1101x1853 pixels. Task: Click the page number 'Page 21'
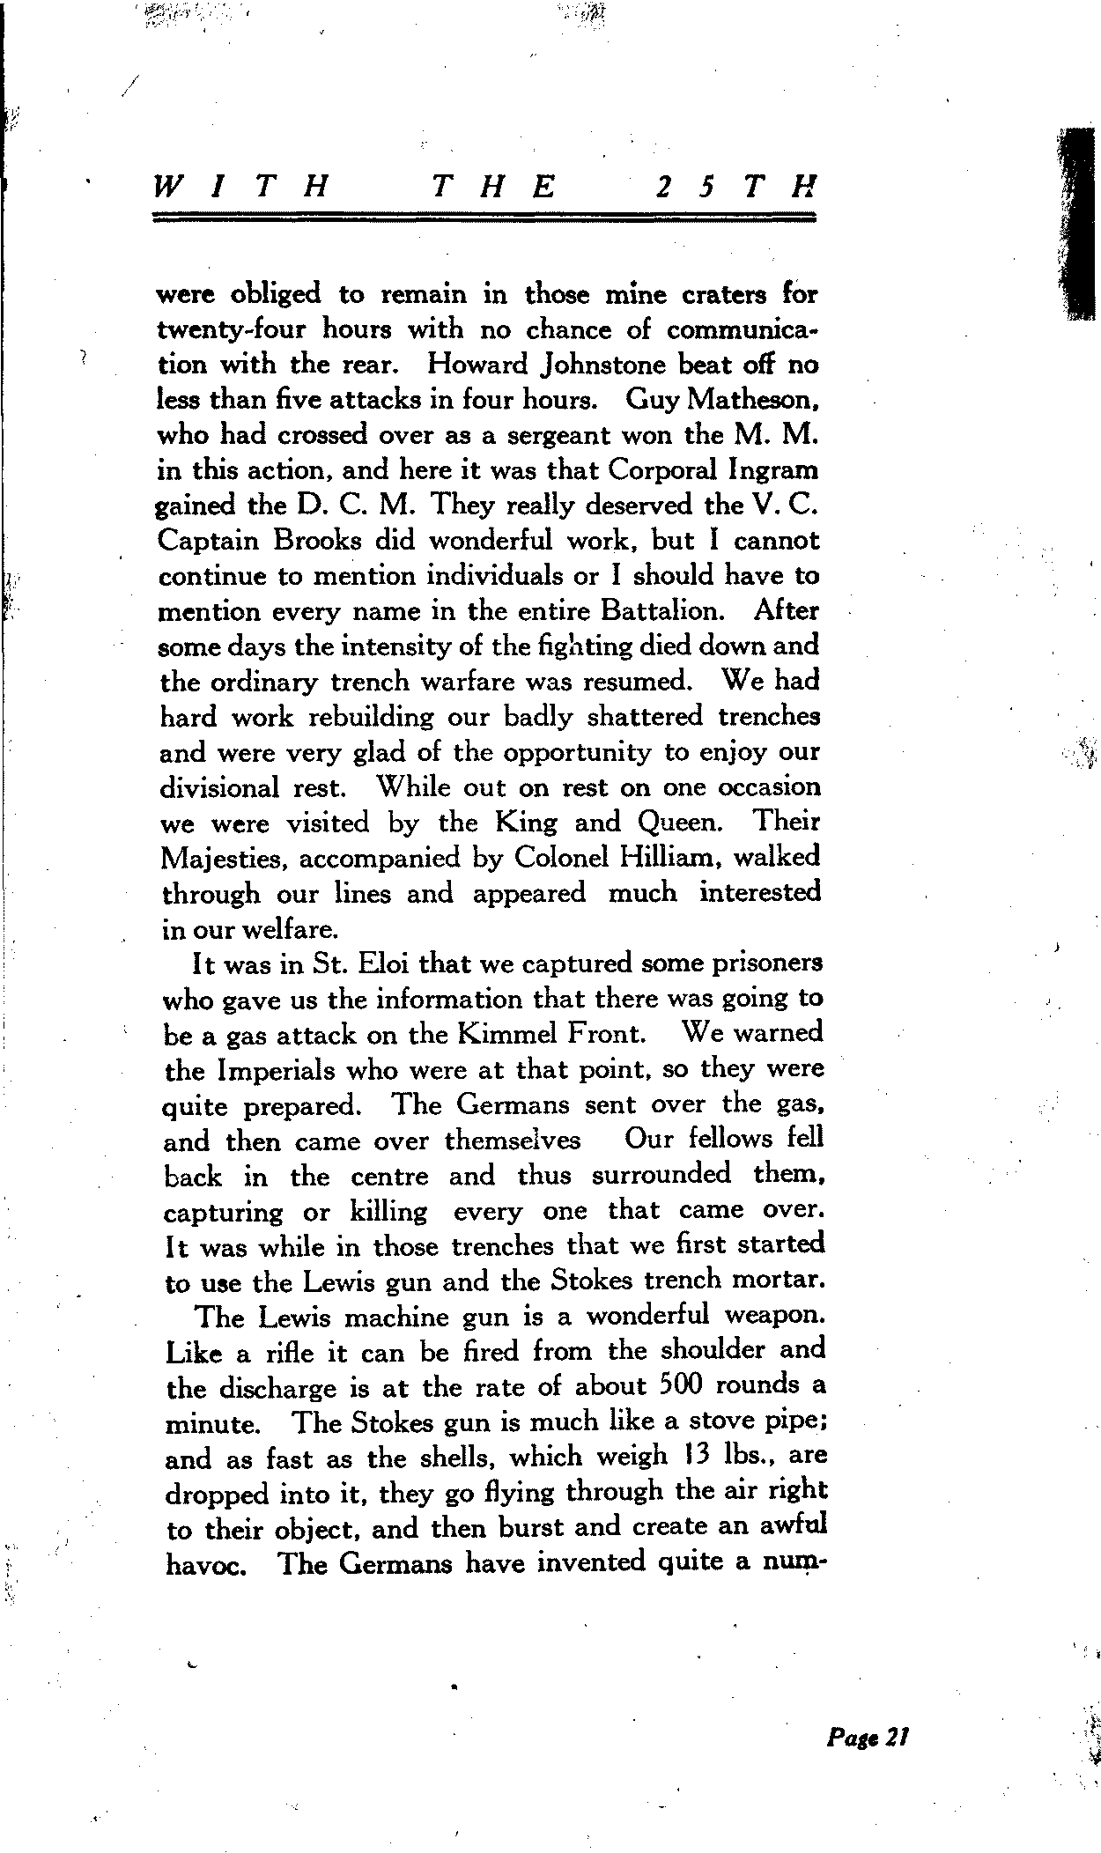pos(867,1737)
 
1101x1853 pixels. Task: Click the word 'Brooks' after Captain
pos(307,540)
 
